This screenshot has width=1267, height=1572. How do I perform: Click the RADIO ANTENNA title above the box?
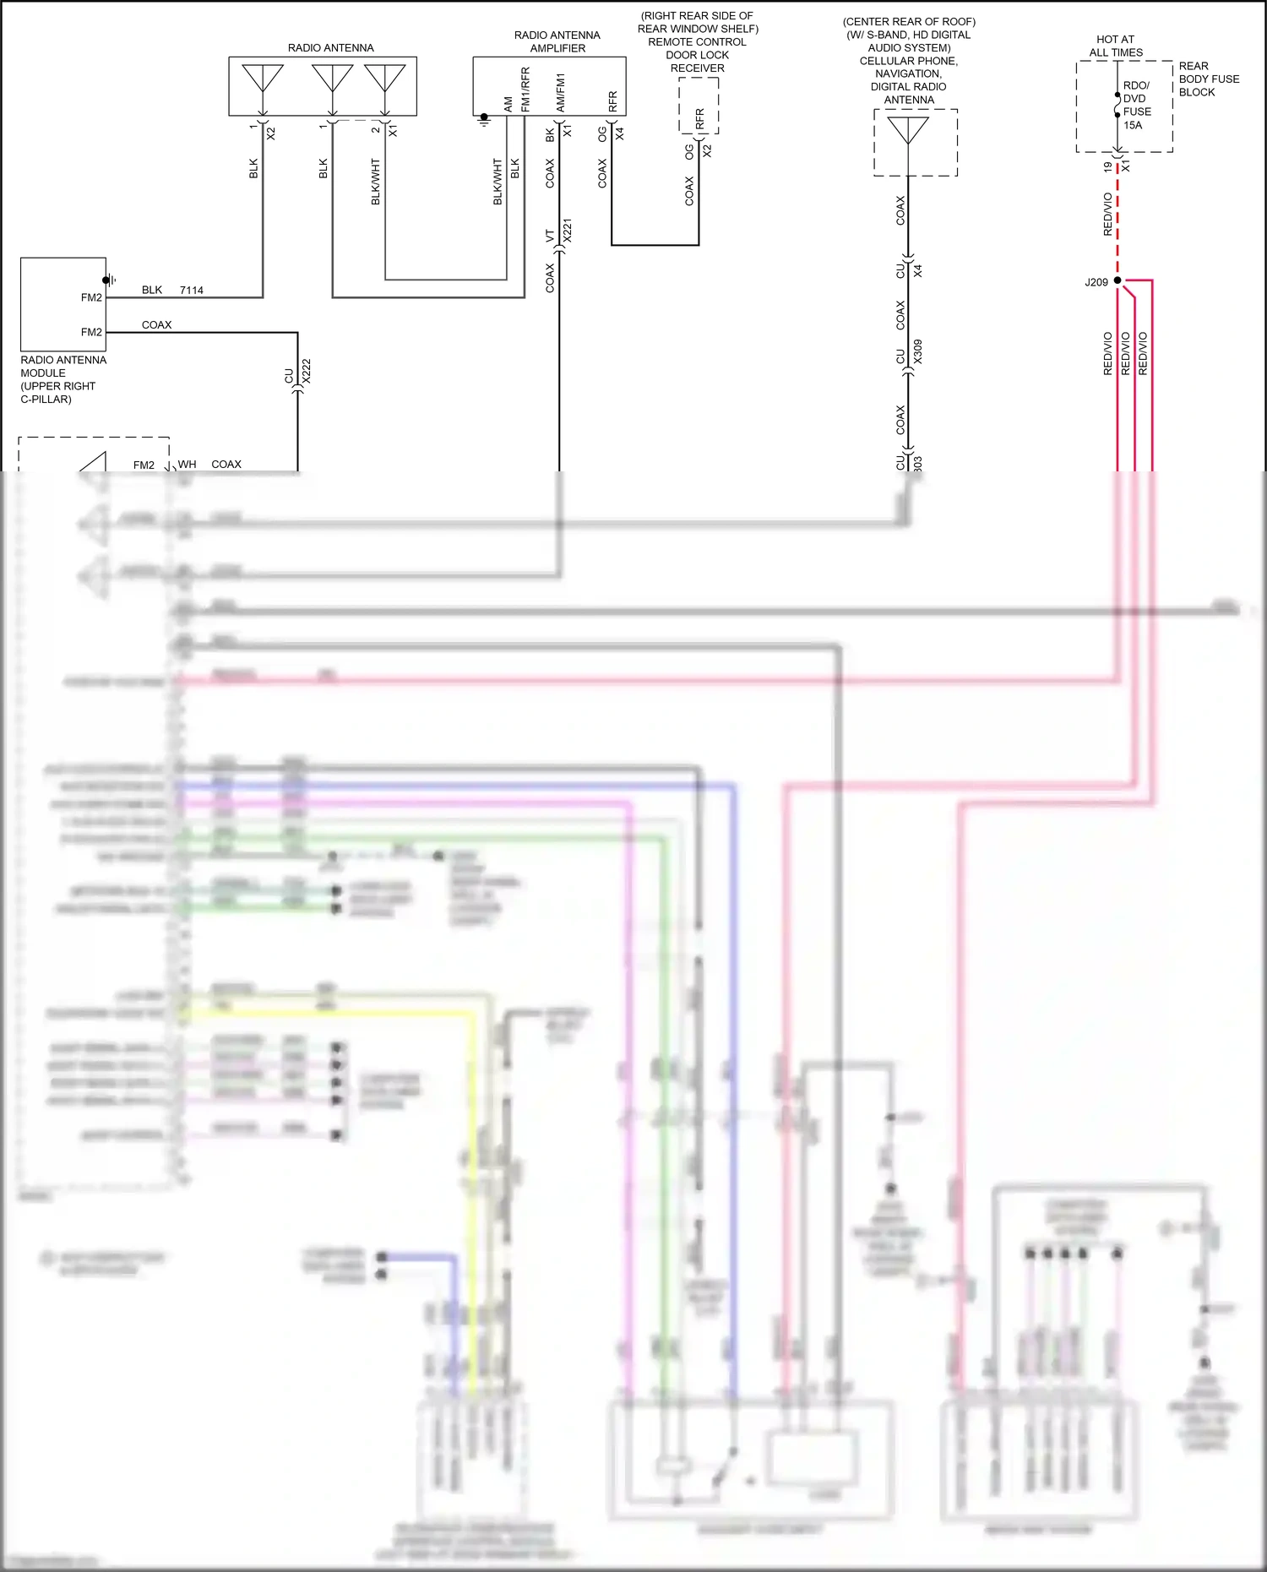click(x=330, y=48)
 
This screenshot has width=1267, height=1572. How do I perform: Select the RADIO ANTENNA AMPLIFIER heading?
click(x=557, y=41)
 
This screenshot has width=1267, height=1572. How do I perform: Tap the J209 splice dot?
click(x=1117, y=280)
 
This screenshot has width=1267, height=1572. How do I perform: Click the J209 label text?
click(x=1096, y=282)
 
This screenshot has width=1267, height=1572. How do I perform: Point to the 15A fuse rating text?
click(x=1133, y=125)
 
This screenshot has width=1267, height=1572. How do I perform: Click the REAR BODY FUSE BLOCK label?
click(x=1208, y=79)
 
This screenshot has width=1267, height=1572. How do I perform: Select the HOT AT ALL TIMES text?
click(x=1115, y=46)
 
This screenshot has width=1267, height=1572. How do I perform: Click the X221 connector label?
click(x=568, y=231)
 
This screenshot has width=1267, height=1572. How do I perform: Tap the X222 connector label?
click(x=307, y=371)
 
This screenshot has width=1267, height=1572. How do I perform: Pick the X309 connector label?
click(x=918, y=351)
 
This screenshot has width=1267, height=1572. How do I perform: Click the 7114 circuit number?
click(x=192, y=290)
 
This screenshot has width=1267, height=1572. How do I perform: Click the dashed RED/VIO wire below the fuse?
click(x=1117, y=215)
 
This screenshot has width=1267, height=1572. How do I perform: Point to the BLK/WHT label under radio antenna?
click(x=376, y=181)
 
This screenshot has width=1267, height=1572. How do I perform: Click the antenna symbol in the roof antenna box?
click(x=908, y=132)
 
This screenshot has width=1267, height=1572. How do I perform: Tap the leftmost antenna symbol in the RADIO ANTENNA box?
click(x=263, y=79)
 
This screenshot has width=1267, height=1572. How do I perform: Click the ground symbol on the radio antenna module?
click(x=109, y=280)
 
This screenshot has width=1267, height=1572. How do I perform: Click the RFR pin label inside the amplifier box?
click(x=613, y=101)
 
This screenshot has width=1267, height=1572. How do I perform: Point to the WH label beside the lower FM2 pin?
click(x=187, y=464)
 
